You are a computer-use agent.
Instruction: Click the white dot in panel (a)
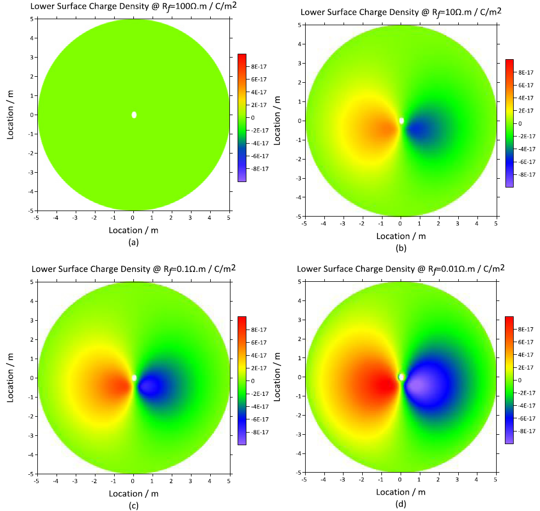[134, 115]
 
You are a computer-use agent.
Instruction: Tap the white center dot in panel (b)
[402, 121]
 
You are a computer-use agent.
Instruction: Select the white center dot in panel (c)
[134, 378]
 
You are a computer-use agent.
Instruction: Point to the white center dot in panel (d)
[402, 377]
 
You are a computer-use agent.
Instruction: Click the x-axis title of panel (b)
[401, 236]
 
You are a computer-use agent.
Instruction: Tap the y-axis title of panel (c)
[12, 377]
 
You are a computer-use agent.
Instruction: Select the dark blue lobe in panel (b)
[420, 129]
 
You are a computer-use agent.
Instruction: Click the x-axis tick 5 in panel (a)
[228, 217]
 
